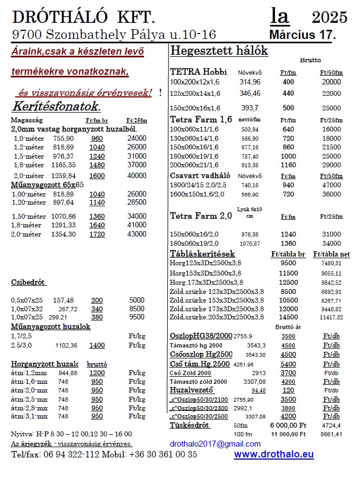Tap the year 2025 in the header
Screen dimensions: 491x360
coord(330,17)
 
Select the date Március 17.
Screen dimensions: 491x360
coord(302,35)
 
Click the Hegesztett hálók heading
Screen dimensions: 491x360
coord(219,51)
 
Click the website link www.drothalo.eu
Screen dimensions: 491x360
coord(273,455)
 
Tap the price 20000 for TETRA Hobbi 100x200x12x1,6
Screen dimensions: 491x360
coord(331,82)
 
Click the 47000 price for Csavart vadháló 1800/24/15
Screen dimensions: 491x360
coord(331,184)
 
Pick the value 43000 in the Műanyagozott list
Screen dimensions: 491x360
coord(136,234)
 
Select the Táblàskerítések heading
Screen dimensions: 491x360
coord(202,253)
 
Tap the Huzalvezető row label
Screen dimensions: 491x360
coord(192,389)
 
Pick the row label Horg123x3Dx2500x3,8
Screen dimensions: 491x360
coord(206,263)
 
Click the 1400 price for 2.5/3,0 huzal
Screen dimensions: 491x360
coord(97,345)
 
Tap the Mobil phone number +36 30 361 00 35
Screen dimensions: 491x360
coord(163,455)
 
